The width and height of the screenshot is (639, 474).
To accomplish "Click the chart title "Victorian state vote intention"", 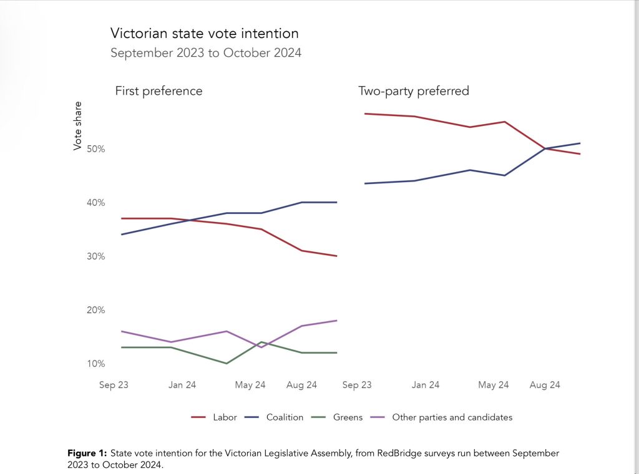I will (204, 33).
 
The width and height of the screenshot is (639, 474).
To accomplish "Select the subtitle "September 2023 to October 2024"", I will (205, 53).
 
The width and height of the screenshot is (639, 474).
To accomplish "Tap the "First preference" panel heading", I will (159, 91).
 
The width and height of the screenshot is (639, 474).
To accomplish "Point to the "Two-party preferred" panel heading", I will (413, 91).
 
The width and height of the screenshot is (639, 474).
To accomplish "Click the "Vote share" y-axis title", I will (78, 125).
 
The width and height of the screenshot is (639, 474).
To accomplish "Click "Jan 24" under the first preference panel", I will (182, 385).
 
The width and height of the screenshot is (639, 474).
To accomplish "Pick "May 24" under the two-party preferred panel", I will (493, 385).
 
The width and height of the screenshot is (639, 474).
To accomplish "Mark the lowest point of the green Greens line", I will (226, 363).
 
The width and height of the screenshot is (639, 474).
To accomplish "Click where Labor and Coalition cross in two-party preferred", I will (545, 148).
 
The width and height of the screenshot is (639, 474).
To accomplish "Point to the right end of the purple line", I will (336, 321).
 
